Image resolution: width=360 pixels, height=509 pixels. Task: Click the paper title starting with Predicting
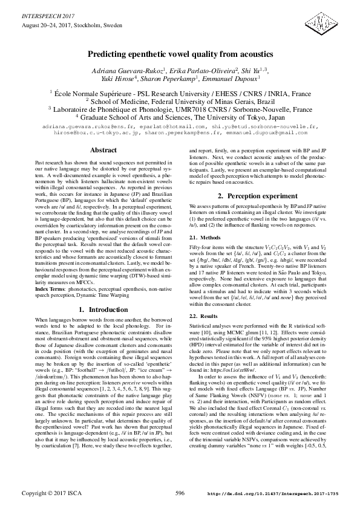point(180,54)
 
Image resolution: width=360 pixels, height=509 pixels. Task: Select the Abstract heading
point(99,149)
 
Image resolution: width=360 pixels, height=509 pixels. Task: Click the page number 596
point(180,493)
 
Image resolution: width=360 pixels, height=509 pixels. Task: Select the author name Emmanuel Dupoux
point(236,79)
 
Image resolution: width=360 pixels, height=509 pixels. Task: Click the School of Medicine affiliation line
point(180,101)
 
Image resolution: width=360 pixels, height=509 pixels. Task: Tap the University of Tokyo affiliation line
point(180,117)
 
